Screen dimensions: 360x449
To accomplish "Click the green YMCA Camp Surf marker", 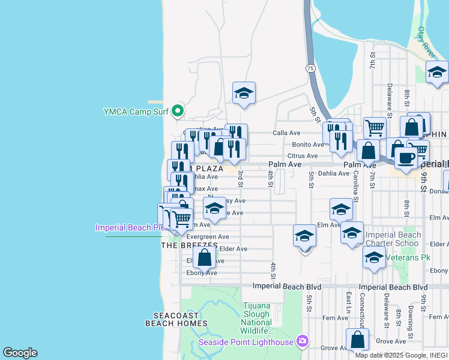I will click(177, 111).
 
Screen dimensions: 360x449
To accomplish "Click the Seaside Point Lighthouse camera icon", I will click(302, 341).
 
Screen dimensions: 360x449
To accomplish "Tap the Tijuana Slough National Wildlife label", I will click(257, 318).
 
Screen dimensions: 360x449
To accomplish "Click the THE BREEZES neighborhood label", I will click(189, 245).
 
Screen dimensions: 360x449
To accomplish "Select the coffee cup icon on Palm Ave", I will click(406, 158).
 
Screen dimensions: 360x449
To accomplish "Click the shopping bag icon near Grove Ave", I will click(358, 340).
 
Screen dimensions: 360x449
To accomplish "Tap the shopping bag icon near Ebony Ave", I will click(205, 258).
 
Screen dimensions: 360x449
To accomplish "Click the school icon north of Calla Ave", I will click(244, 93).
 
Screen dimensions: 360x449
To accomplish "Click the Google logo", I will click(20, 353).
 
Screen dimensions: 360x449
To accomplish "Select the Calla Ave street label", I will click(286, 133).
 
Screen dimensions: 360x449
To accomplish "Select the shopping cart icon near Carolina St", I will click(374, 127).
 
